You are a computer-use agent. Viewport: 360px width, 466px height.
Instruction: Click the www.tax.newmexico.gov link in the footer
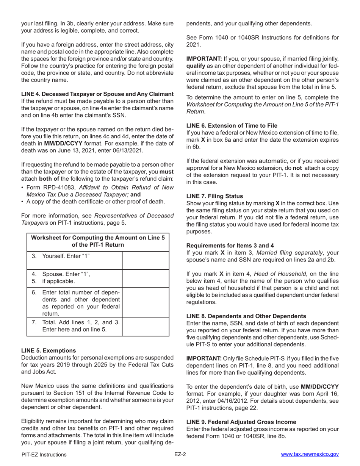pos(310,455)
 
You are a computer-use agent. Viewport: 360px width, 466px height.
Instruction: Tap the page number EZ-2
pos(180,455)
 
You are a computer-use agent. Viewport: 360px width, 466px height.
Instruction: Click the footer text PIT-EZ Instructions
pos(44,455)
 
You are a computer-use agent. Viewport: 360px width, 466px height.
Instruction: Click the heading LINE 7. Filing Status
pos(214,196)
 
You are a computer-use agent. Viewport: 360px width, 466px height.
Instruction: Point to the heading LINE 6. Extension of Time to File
pos(232,125)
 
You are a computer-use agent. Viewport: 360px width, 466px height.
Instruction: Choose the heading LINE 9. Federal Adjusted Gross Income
pos(241,422)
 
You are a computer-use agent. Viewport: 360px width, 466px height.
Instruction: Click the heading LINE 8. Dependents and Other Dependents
pos(246,316)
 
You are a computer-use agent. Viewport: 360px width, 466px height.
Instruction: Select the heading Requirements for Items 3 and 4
pos(230,246)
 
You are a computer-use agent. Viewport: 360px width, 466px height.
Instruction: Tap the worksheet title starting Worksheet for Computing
pos(98,241)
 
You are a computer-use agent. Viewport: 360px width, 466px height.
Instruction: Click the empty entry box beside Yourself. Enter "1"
pos(146,260)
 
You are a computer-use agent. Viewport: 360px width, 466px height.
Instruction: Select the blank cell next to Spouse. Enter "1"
pos(146,278)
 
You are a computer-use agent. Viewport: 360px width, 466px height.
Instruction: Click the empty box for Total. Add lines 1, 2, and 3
pos(146,326)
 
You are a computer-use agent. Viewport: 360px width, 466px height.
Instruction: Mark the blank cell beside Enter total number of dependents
pos(146,303)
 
